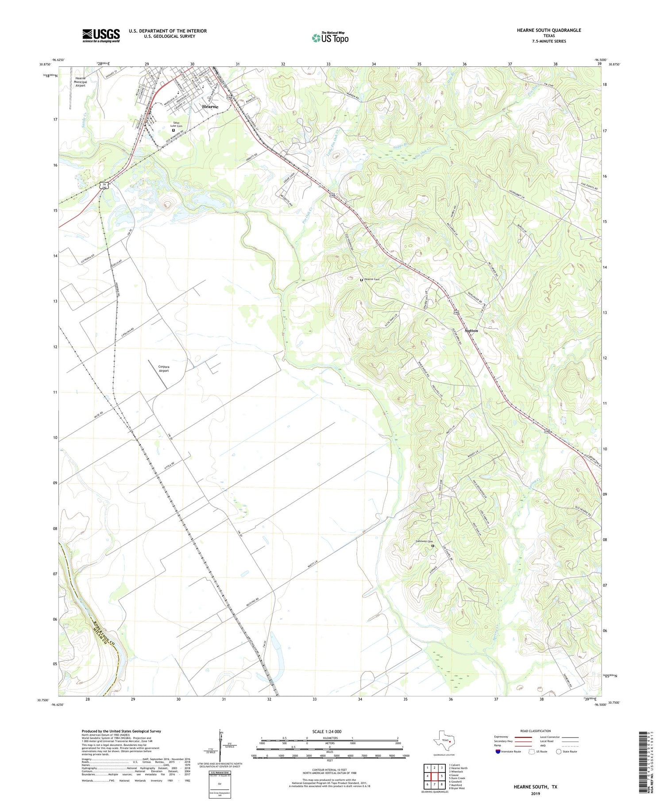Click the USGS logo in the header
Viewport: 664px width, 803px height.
101,35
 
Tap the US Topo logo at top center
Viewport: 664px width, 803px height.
330,38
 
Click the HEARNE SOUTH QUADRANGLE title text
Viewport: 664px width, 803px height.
542,30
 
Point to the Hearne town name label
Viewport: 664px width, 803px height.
210,107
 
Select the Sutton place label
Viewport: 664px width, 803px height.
471,330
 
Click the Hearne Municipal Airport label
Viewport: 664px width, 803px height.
80,82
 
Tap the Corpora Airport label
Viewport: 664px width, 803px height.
163,369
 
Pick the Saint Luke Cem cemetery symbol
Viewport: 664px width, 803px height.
173,130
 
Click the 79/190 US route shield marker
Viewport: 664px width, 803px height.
104,186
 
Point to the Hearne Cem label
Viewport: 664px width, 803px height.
371,279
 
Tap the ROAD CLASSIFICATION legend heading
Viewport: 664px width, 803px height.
536,731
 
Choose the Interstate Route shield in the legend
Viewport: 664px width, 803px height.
498,751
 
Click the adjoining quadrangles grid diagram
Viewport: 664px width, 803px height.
434,776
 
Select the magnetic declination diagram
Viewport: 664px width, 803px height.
220,745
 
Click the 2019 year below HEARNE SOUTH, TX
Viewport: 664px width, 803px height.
535,794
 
